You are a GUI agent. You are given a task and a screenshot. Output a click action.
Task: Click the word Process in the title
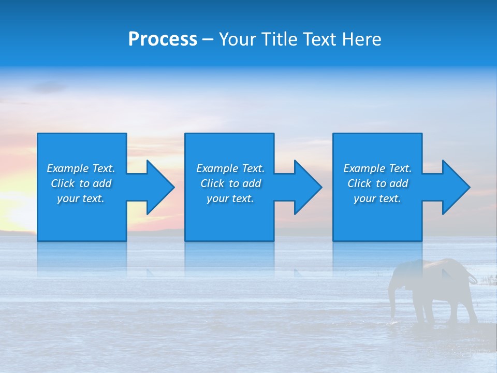click(163, 39)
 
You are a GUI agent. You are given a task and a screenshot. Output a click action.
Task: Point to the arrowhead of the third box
click(455, 187)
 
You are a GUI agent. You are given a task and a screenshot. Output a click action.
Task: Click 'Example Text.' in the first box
click(81, 168)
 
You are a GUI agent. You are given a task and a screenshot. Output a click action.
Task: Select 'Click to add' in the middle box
click(230, 183)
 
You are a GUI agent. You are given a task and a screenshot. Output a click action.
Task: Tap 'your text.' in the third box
click(377, 198)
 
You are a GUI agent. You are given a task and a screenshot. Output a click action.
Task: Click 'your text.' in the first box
click(81, 198)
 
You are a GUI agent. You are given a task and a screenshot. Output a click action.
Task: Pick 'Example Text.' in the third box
click(377, 168)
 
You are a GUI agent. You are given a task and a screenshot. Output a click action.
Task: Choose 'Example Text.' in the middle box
click(230, 168)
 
